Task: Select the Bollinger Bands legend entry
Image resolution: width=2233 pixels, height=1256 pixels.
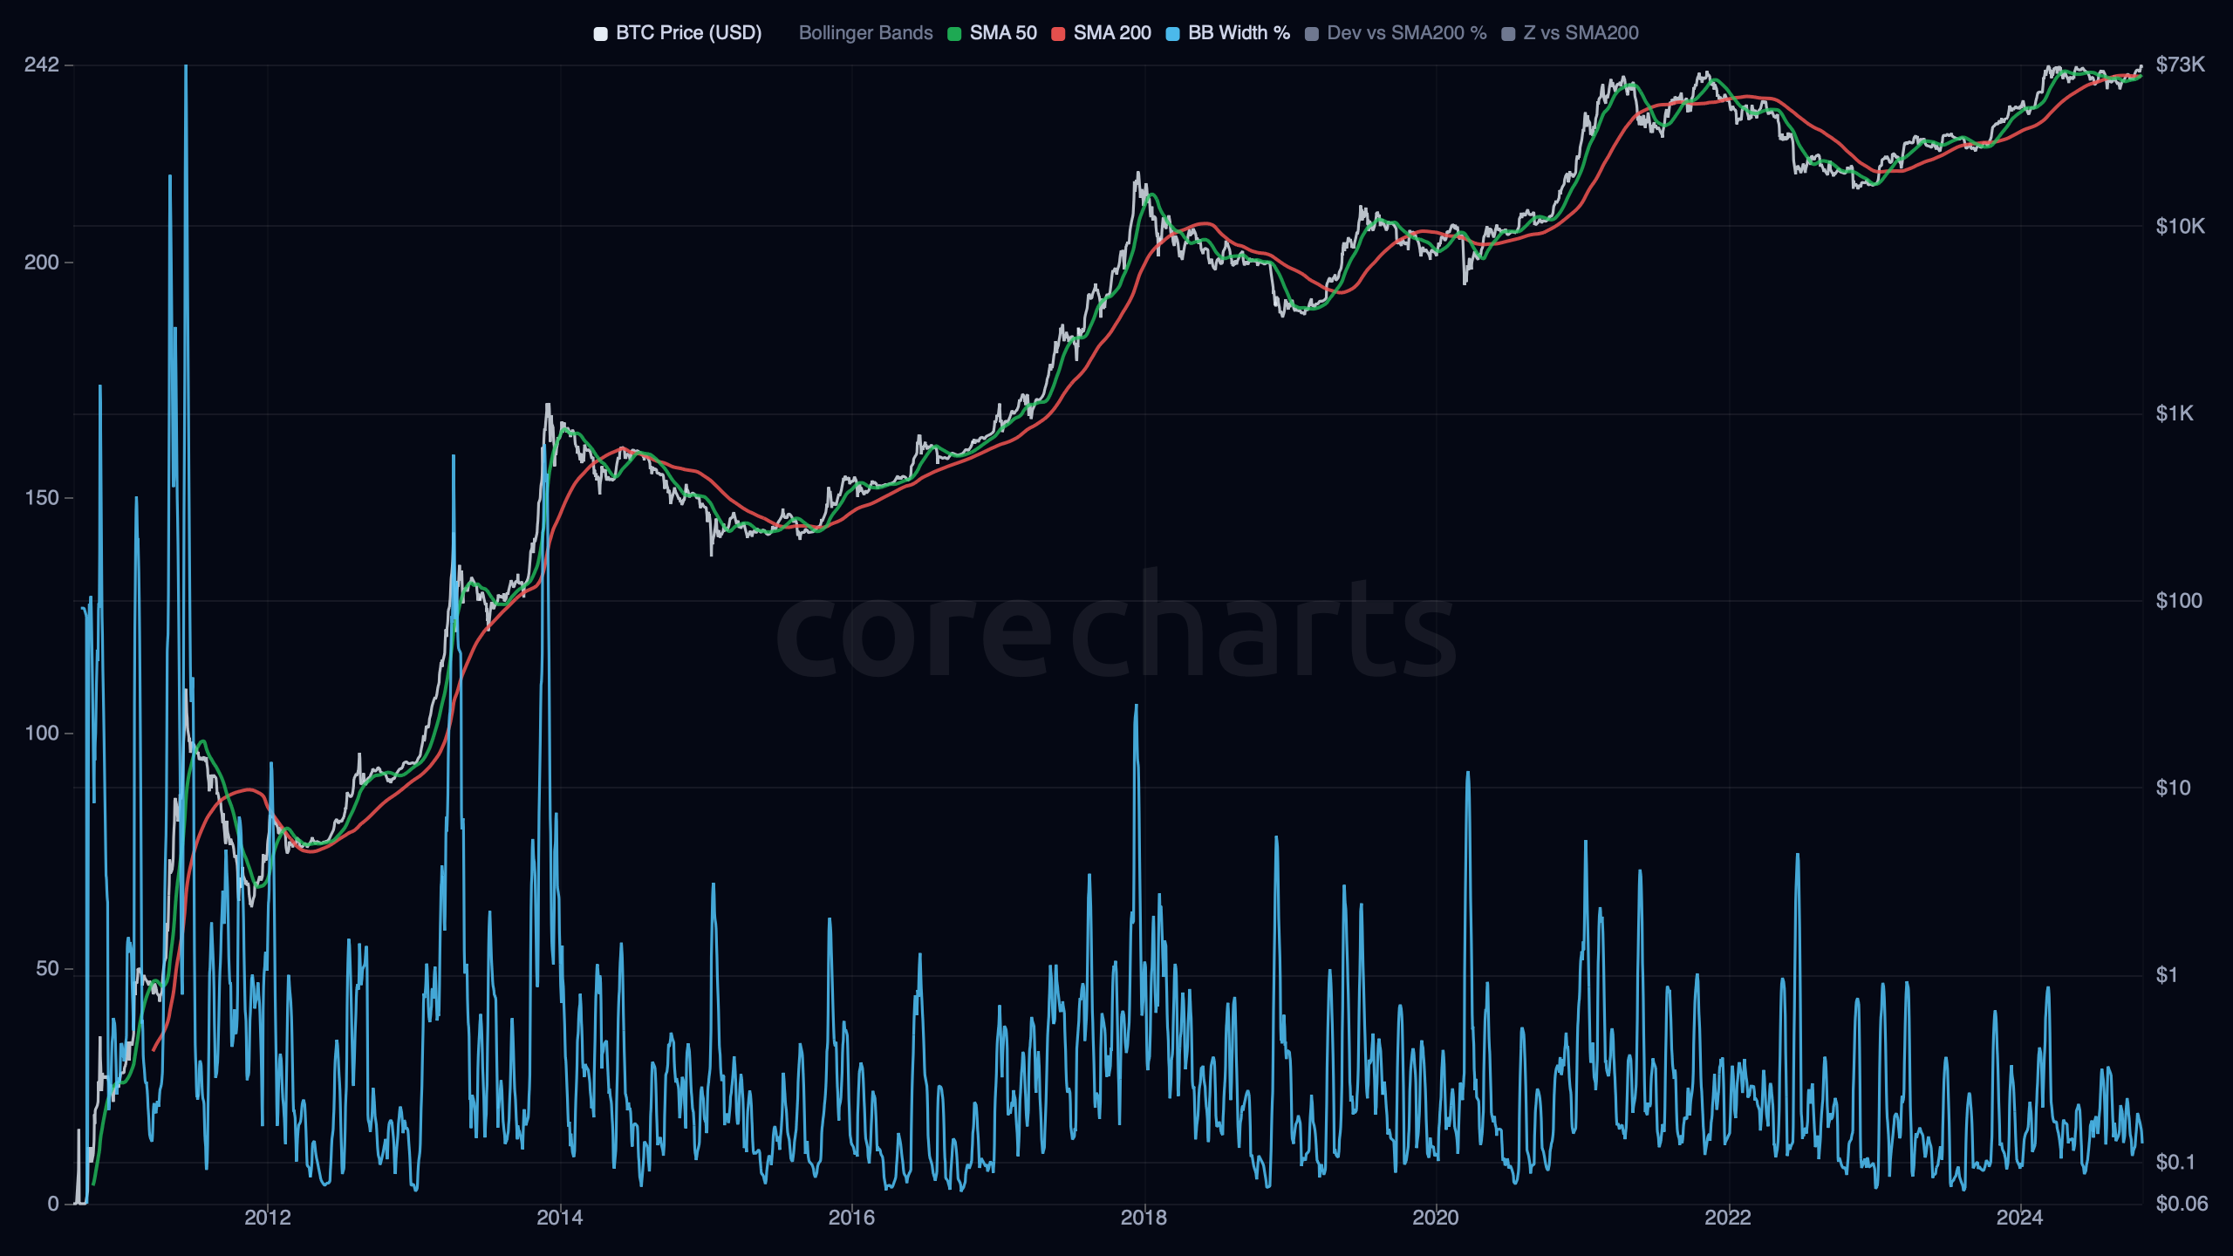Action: (865, 33)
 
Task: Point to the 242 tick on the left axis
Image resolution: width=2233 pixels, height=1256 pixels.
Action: (42, 65)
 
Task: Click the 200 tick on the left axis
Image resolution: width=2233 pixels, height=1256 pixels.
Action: (42, 263)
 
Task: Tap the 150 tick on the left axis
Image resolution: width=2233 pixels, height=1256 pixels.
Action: (42, 498)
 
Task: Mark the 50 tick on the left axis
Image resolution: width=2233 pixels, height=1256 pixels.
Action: (47, 969)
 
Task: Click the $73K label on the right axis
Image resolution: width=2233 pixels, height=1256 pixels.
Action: (2180, 65)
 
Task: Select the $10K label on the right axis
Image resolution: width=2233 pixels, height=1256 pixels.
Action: (2180, 227)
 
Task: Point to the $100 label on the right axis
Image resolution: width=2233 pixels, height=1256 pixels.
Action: (2178, 601)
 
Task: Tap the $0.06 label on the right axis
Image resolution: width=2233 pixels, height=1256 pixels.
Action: (2182, 1205)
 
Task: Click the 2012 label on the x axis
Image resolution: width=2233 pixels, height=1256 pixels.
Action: (268, 1218)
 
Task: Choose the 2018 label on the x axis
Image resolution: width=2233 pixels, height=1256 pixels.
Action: (1144, 1218)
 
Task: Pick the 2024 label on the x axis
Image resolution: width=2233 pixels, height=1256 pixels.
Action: (2019, 1218)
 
